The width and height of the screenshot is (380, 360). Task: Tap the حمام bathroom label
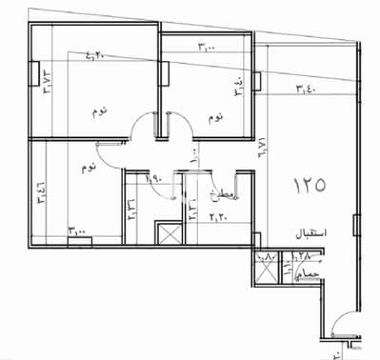305,273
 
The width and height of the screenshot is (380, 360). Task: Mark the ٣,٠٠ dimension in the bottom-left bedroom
78,230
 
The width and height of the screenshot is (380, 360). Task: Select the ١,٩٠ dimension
152,178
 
